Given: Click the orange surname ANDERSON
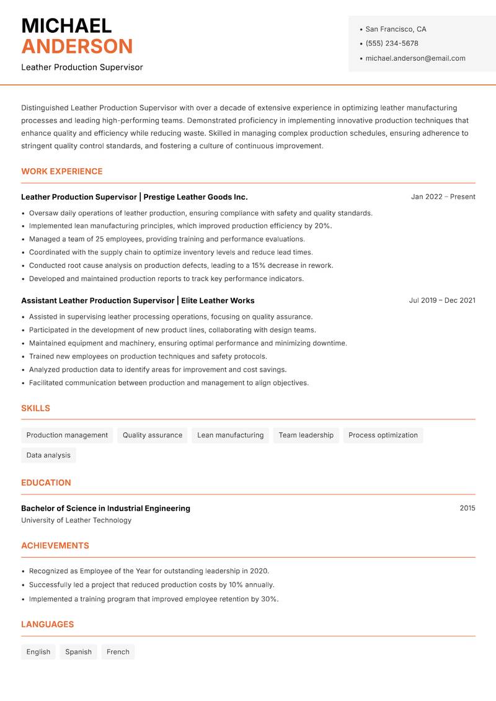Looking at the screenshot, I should pos(77,47).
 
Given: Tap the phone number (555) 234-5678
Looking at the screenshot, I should pos(392,43).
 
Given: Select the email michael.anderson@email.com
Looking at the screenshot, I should pos(415,58).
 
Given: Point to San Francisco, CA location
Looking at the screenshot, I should pos(396,29).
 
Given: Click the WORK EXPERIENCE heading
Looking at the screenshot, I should pos(62,171).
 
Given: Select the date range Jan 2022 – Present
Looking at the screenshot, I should pos(443,197).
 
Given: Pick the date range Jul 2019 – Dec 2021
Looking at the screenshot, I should pos(442,300).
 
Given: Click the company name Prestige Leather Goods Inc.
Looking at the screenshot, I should pos(195,197).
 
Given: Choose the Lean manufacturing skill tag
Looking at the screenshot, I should pos(230,435).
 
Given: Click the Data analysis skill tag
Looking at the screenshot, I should pos(48,455).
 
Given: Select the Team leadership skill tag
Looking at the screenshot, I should pos(306,435).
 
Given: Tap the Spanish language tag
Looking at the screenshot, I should pos(78,651).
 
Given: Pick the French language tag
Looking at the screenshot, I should pos(118,651).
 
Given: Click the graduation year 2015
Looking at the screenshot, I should pos(467,508).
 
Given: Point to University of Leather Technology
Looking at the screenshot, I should pos(76,520).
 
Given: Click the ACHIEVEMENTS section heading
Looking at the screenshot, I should pos(55,545).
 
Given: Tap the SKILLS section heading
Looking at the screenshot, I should pos(35,408).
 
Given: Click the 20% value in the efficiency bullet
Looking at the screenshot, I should pos(322,226).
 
